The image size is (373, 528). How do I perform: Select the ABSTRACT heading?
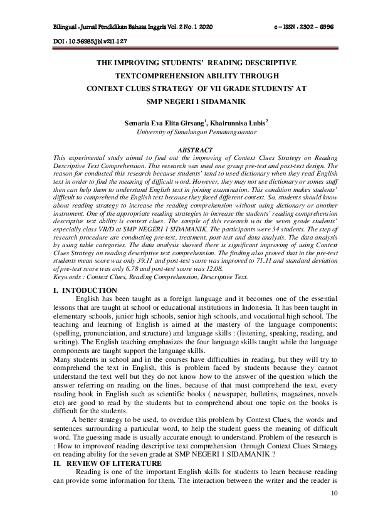[x=196, y=150]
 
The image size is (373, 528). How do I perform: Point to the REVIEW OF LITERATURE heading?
[x=117, y=463]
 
